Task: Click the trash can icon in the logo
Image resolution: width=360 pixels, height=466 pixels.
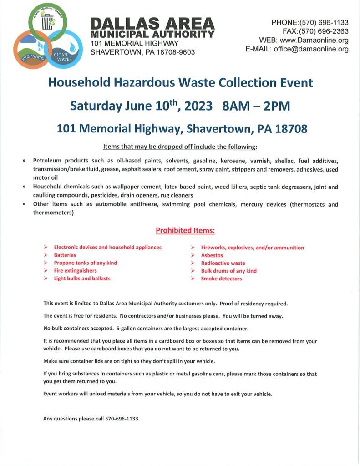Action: point(47,21)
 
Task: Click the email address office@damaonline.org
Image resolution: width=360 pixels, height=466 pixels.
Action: point(311,49)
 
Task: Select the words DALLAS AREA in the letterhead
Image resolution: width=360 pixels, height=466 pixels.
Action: point(152,24)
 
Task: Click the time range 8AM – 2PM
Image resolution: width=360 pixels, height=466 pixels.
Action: point(256,106)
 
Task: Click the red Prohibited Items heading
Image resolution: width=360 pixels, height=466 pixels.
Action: point(185,231)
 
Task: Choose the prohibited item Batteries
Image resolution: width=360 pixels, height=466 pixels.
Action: point(65,255)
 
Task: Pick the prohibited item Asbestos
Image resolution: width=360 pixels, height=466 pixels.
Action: point(212,255)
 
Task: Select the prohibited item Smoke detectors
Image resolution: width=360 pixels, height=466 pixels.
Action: point(222,279)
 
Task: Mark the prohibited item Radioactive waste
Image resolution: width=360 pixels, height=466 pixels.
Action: point(223,263)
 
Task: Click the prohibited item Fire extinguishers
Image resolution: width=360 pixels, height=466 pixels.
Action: point(76,271)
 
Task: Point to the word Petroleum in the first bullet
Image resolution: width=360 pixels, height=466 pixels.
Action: point(49,161)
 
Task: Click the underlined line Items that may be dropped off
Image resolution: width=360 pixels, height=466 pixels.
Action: point(180,147)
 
